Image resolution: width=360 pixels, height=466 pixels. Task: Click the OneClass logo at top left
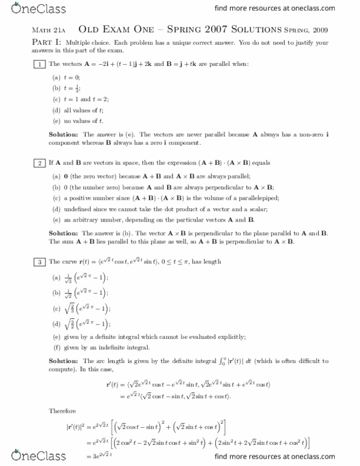pyautogui.click(x=27, y=9)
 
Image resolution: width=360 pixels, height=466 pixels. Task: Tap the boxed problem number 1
pyautogui.click(x=39, y=64)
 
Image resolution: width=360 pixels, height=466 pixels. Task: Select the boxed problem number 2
pyautogui.click(x=39, y=163)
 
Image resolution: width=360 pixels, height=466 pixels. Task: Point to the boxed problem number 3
pyautogui.click(x=39, y=261)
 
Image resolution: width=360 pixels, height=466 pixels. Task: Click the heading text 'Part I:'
pyautogui.click(x=47, y=43)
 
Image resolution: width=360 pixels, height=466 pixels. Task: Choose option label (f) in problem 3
pyautogui.click(x=56, y=348)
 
